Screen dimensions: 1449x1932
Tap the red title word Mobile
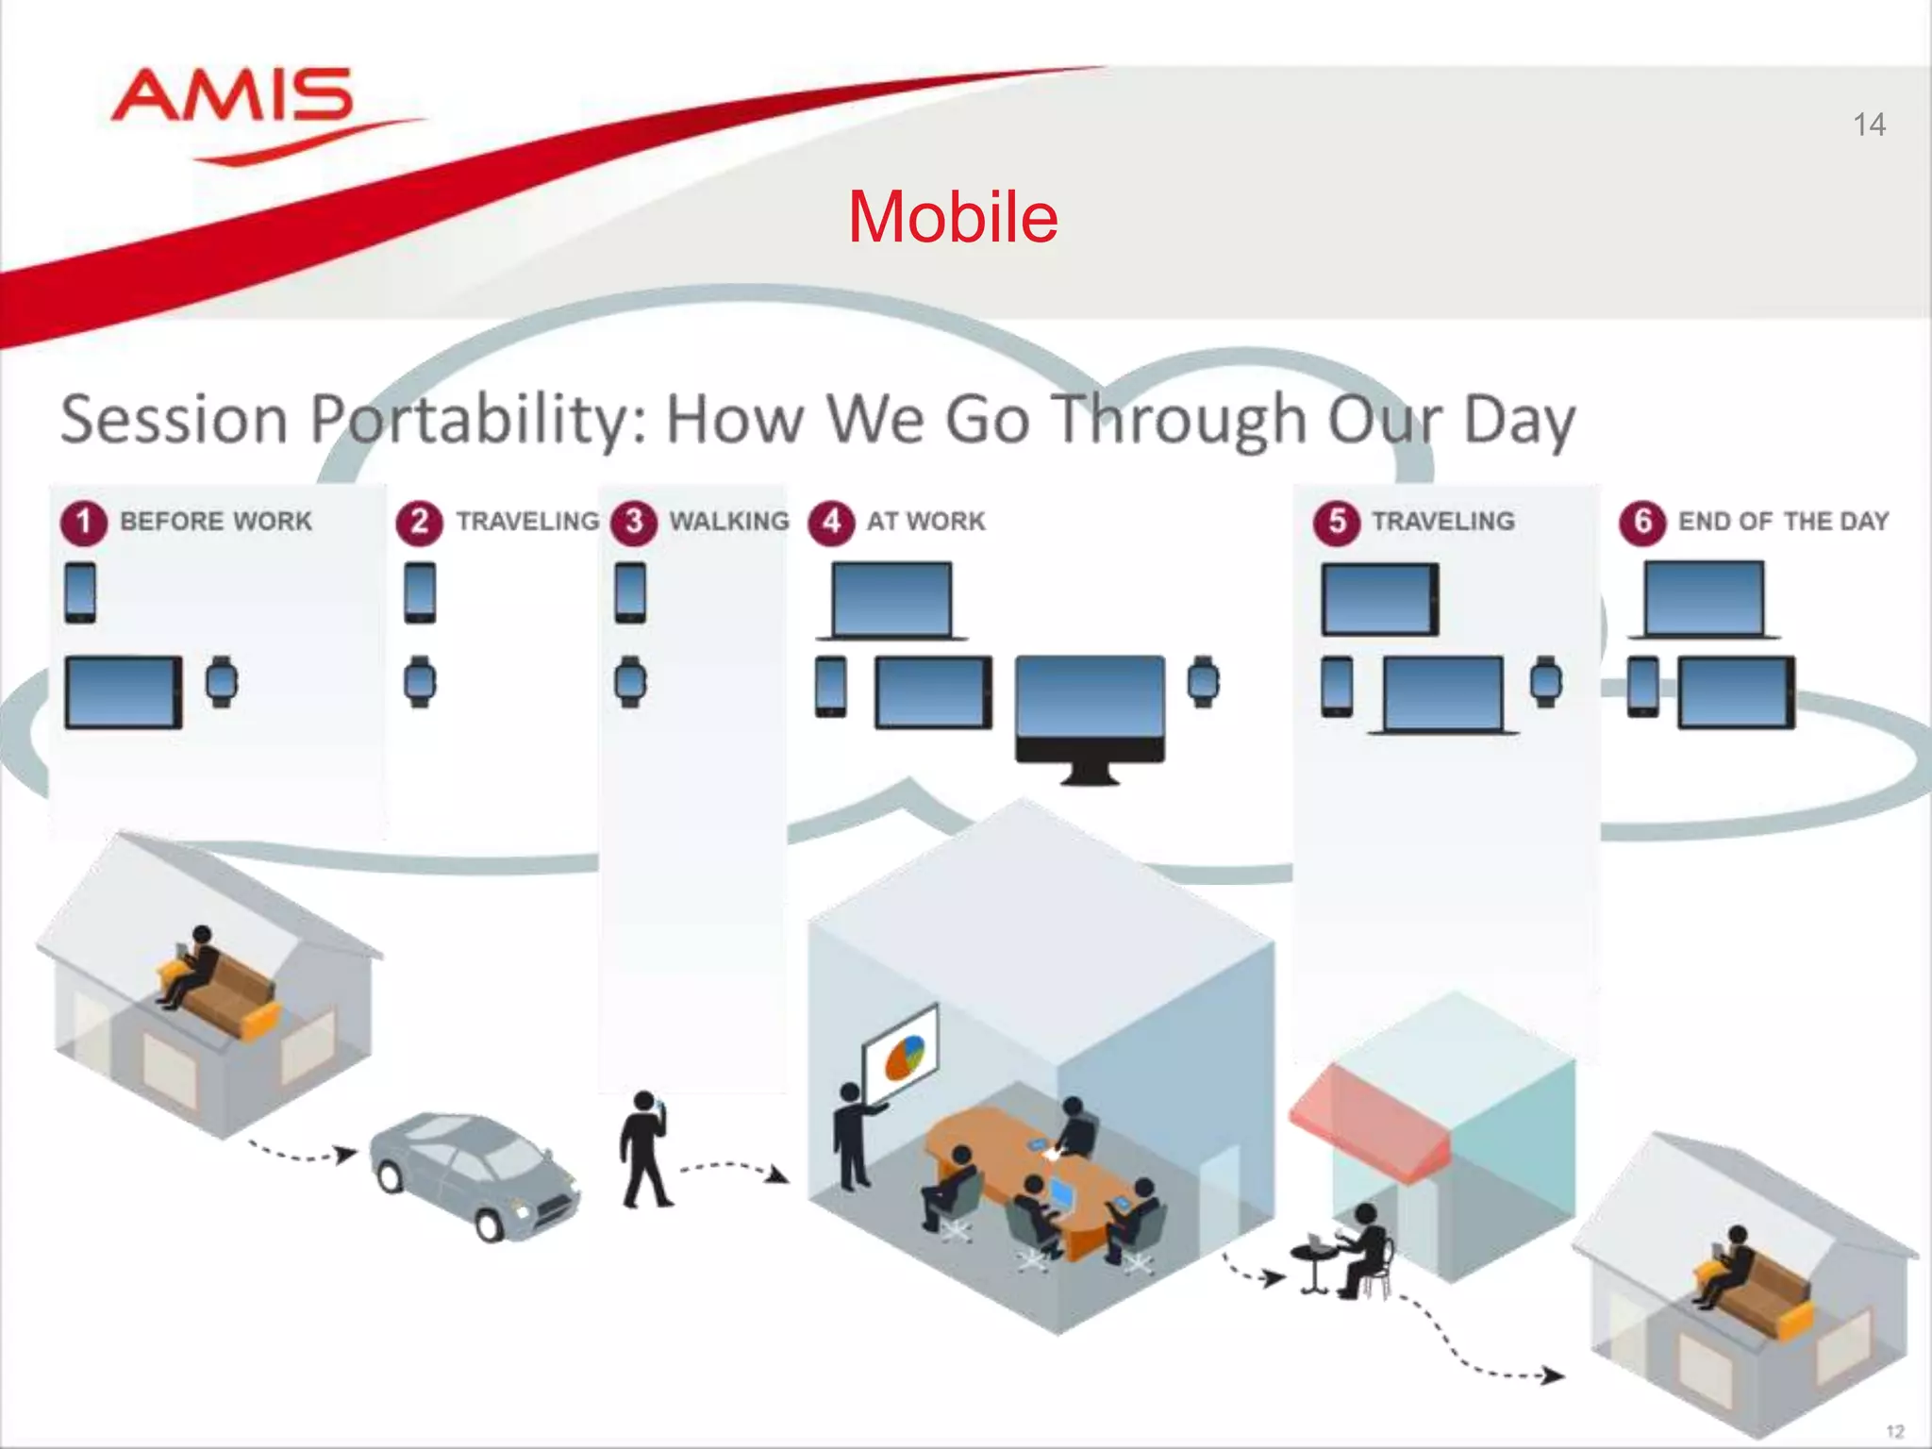coord(953,217)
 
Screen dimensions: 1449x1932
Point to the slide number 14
coord(1869,125)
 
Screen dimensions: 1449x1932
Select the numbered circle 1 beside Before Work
coord(84,522)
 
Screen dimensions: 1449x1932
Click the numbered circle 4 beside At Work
coord(831,522)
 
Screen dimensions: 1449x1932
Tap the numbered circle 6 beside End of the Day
coord(1642,522)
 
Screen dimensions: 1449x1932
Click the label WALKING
coord(729,521)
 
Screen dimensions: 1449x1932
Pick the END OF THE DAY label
coord(1783,521)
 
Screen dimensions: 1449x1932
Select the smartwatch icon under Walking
coord(630,681)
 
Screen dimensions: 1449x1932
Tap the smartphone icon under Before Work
coord(80,592)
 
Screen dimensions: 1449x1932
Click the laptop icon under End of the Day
coord(1704,600)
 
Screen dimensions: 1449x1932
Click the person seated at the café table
coord(1364,1250)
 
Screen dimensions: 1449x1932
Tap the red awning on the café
coord(1368,1123)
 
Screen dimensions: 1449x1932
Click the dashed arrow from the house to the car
coord(302,1153)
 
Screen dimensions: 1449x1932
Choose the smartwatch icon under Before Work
coord(222,681)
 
